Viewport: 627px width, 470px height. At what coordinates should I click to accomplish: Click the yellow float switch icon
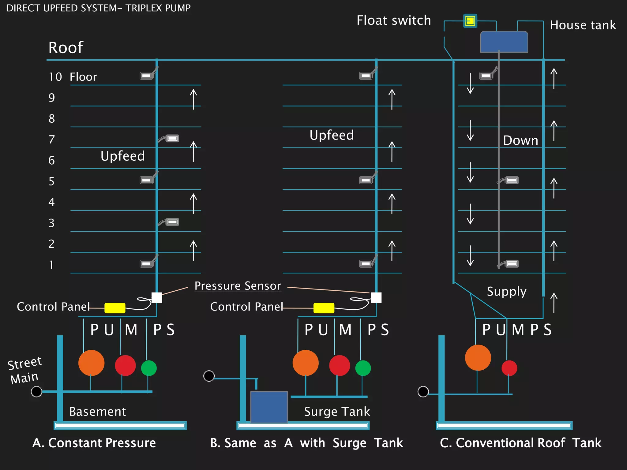[x=470, y=21]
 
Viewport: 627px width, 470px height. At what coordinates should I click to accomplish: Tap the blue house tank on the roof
[x=504, y=42]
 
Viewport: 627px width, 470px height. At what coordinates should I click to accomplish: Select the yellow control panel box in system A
[x=115, y=308]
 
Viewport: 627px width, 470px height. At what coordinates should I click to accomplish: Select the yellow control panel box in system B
[x=324, y=308]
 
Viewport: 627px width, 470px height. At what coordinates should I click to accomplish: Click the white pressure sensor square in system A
[x=157, y=297]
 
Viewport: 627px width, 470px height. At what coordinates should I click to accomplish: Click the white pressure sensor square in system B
[x=376, y=297]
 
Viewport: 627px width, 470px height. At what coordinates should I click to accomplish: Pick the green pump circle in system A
[x=149, y=368]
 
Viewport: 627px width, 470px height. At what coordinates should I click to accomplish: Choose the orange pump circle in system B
[x=306, y=363]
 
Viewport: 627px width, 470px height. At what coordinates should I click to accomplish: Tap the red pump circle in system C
[x=509, y=368]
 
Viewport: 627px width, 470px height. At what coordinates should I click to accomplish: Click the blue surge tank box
[x=269, y=407]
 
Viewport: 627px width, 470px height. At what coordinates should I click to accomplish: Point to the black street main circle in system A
[x=36, y=391]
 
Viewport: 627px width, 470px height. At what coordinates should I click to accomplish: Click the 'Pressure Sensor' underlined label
[x=238, y=286]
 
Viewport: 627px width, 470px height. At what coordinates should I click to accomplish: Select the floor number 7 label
[x=52, y=140]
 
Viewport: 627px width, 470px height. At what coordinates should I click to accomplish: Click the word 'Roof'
[x=66, y=48]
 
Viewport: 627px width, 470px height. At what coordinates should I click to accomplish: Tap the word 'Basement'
[x=97, y=412]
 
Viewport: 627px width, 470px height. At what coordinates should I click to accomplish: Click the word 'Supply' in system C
[x=506, y=292]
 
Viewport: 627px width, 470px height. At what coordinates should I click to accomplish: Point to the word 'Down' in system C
[x=520, y=140]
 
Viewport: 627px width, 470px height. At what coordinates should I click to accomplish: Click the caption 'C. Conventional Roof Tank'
[x=520, y=443]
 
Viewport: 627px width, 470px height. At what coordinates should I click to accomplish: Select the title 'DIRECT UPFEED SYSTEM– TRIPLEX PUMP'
[x=98, y=8]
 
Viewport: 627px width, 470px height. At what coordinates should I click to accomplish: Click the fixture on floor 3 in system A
[x=172, y=222]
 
